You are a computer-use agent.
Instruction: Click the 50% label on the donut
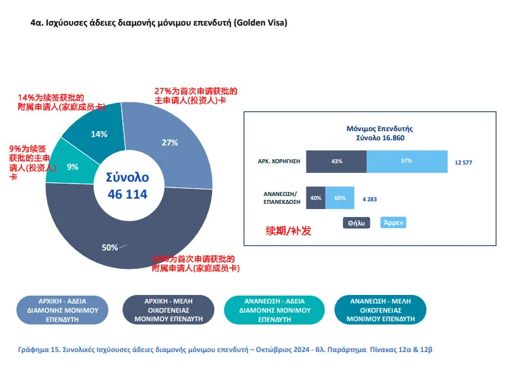point(109,247)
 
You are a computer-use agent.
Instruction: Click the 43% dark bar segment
point(336,161)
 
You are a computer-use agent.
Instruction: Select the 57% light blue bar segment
point(407,161)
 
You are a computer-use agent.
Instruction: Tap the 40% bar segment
point(316,197)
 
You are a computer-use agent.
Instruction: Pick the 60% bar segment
point(340,197)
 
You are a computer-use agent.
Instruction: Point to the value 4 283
point(371,198)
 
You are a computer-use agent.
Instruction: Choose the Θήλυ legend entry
point(357,223)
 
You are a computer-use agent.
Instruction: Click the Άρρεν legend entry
point(393,223)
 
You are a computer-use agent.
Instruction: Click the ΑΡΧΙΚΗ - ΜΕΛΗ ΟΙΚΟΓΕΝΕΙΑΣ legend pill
point(168,309)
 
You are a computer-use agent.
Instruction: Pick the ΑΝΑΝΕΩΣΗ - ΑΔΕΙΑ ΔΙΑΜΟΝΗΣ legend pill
point(274,309)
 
